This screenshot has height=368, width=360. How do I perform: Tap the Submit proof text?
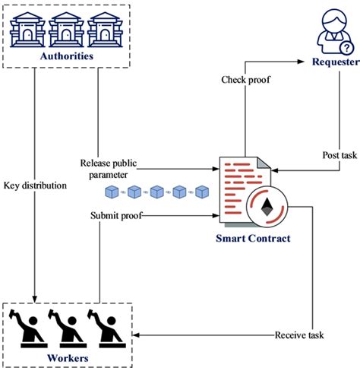115,215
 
